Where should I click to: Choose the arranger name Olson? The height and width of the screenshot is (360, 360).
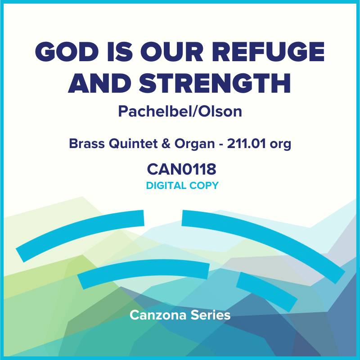[219, 111]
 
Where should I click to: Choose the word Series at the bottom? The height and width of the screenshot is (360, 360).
[211, 315]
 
